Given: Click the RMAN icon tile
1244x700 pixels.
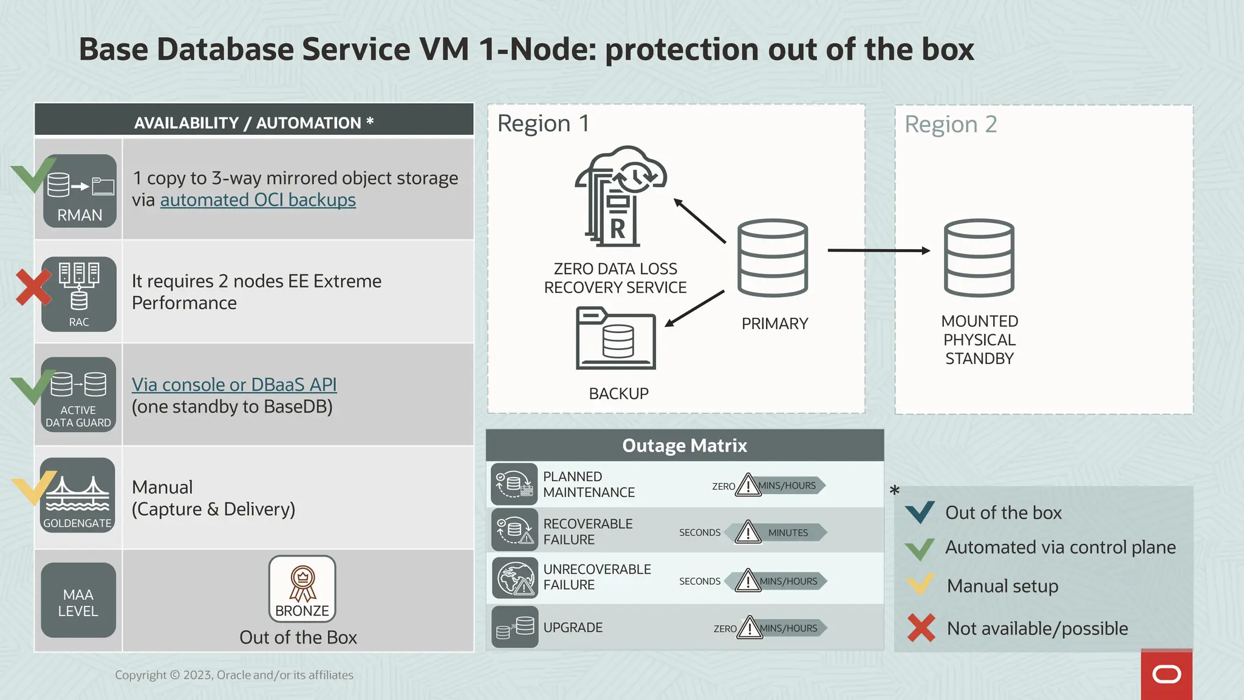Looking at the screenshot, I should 80,191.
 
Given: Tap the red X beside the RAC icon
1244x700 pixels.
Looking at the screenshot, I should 33,287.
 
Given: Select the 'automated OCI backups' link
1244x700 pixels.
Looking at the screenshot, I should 258,200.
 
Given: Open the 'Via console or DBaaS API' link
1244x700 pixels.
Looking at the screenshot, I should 234,385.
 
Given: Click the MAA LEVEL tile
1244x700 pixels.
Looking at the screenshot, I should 78,600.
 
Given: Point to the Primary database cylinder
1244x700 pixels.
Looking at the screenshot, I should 773,258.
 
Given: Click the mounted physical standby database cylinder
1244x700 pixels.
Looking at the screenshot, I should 979,258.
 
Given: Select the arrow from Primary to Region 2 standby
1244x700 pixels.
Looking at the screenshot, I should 878,250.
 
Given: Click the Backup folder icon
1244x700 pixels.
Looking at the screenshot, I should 616,338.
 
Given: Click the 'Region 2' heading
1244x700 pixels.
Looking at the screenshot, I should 951,125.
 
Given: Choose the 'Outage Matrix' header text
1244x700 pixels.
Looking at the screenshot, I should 685,445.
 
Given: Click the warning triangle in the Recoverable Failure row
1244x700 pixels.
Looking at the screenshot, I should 748,532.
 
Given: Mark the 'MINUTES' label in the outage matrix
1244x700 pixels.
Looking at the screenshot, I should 788,533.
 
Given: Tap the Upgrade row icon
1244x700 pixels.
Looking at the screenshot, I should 514,627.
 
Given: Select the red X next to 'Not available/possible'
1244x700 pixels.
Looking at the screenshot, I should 921,628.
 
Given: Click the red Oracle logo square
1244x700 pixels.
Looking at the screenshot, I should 1166,674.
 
